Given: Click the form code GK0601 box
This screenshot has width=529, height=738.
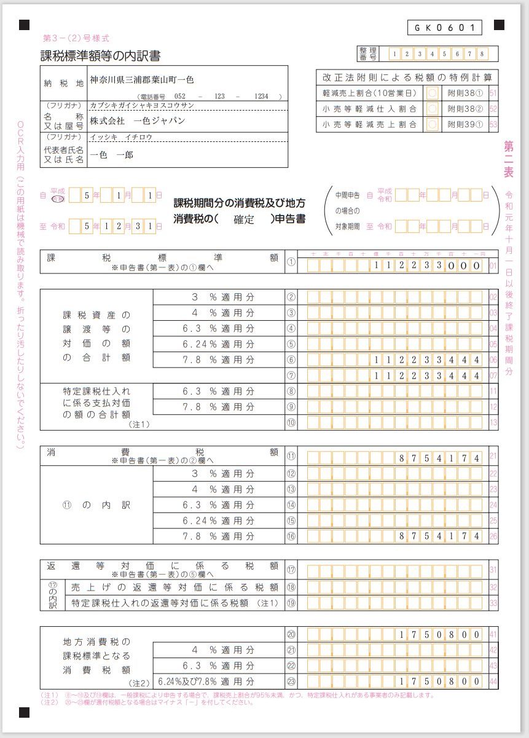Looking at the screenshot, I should pos(444,28).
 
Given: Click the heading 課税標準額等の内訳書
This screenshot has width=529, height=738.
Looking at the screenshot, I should pos(101,57).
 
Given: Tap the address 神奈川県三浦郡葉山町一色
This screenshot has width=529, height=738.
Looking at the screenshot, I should pos(142,80).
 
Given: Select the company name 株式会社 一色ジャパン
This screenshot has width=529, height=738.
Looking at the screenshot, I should pos(137,120).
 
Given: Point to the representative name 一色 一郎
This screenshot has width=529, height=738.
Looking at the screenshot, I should pos(111,155).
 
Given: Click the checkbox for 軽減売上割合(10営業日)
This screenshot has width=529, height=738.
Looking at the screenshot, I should pos(433,93).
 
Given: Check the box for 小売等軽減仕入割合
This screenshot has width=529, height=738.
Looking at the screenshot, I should pos(433,109).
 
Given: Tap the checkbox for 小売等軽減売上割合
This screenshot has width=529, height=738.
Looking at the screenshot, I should pos(433,124).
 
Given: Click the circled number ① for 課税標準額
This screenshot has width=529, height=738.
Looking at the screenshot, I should pos(291,265).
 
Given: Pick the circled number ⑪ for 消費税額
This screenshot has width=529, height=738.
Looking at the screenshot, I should pos(291,458).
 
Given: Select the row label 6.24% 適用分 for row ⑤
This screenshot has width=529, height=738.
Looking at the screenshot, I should pos(219,344).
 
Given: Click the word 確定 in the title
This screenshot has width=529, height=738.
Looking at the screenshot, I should pos(244,220).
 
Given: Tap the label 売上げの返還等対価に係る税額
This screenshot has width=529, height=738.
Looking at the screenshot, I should pos(175,587).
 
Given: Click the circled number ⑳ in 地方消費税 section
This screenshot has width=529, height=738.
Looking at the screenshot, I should pos(291,634).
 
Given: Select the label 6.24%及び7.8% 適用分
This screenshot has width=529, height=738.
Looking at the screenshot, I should pos(206,681).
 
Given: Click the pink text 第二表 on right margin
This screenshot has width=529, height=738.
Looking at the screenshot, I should pos(509,159).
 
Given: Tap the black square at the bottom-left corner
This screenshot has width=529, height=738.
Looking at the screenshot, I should pos(24,712).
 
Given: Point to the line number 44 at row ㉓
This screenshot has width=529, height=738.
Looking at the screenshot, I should pos(493,681).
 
